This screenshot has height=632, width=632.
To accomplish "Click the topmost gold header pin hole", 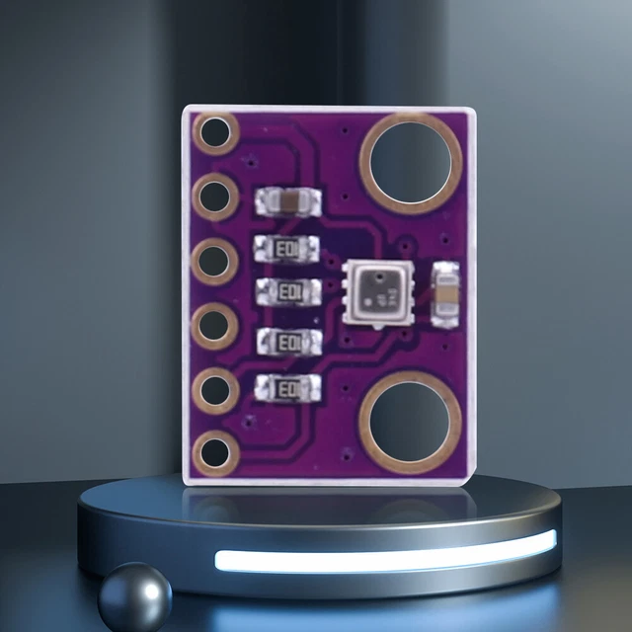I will coord(214,134).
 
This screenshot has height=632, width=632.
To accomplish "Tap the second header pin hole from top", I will coord(214,197).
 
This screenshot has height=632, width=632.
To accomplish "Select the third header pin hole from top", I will coord(214,262).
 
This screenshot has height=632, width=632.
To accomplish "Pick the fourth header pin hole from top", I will coord(214,324).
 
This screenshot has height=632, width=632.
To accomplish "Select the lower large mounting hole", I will coord(410,423).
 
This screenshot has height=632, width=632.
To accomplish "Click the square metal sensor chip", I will coord(376,290).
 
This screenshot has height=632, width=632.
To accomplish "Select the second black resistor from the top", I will coord(288,292).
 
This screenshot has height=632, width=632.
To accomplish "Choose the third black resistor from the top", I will coord(288,341).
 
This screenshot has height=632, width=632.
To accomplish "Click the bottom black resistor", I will coord(288,389).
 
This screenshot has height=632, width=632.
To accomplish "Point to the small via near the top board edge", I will coord(341,129).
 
